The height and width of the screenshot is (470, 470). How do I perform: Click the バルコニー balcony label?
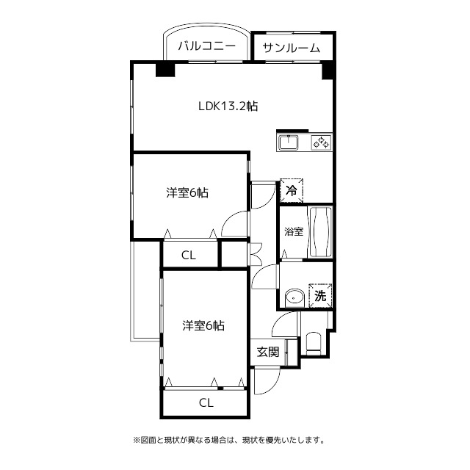[207, 46]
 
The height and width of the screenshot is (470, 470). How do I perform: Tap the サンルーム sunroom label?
[292, 48]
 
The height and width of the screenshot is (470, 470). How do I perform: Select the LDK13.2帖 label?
[228, 106]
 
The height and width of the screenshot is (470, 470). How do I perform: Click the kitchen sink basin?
[289, 142]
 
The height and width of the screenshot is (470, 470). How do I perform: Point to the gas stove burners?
[322, 142]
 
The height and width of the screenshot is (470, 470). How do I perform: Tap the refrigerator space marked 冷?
[292, 190]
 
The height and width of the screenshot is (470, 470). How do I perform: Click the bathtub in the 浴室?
[320, 232]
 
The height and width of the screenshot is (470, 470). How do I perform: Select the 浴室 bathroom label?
[294, 231]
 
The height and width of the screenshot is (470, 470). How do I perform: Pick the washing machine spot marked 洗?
[320, 296]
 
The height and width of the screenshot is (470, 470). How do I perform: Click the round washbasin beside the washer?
[294, 297]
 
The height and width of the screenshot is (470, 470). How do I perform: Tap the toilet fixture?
[314, 343]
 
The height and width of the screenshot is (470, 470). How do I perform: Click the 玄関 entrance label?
[268, 352]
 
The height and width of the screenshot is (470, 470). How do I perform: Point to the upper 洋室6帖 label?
[187, 192]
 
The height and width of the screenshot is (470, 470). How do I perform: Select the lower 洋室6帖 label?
[203, 325]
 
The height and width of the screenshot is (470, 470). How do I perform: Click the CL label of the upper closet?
[189, 256]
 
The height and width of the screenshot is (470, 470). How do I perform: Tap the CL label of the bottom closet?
[206, 403]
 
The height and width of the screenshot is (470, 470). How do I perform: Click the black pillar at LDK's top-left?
[165, 70]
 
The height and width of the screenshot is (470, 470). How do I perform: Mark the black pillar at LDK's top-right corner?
[328, 71]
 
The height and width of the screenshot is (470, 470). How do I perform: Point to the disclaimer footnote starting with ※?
[229, 441]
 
